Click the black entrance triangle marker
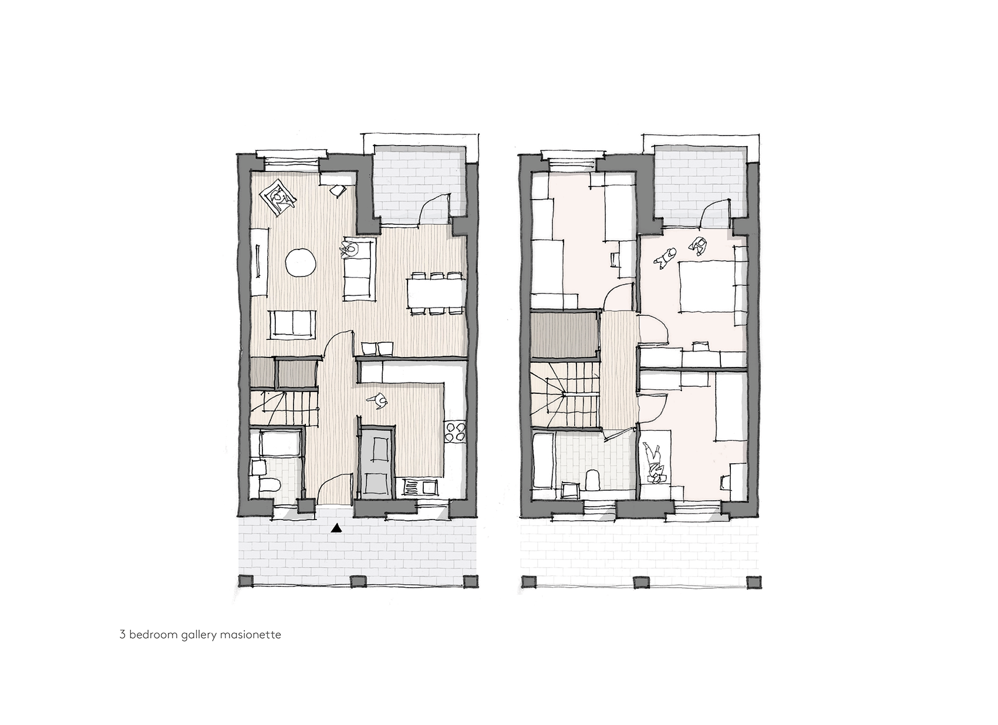[337, 528]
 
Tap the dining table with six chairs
[435, 293]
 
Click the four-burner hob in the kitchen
[455, 431]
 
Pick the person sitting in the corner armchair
[280, 198]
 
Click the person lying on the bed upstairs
[654, 464]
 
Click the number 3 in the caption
[123, 635]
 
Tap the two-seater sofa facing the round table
[293, 323]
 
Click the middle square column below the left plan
[358, 582]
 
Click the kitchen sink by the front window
[420, 487]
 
